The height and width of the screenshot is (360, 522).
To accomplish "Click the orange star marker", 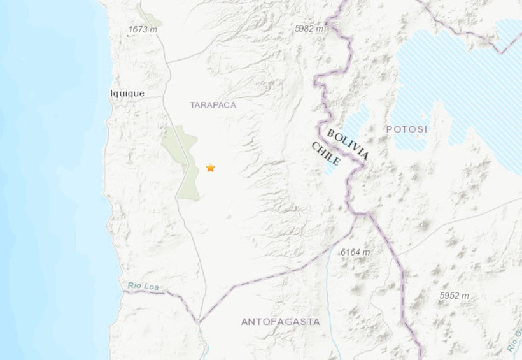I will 210,168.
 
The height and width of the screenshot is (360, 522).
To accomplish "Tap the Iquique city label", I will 127,93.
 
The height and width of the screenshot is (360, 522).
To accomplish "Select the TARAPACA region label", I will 213,104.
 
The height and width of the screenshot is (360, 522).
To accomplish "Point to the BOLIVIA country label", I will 347,143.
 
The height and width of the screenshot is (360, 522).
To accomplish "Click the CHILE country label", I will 325,155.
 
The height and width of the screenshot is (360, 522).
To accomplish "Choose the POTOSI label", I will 407,129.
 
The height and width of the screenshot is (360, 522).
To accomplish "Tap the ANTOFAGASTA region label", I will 280,322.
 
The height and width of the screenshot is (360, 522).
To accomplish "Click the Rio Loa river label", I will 143,286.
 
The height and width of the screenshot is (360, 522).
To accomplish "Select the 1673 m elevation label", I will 143,29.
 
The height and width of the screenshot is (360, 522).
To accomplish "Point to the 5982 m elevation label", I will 309,29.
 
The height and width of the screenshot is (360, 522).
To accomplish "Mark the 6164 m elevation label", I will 355,252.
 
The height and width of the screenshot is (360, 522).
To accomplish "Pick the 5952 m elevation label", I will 455,296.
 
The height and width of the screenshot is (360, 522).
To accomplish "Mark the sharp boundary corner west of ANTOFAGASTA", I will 199,321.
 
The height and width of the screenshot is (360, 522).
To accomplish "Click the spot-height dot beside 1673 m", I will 127,35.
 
